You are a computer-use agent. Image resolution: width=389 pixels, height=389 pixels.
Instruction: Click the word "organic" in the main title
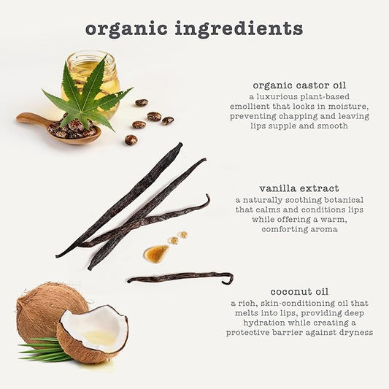(x=126, y=28)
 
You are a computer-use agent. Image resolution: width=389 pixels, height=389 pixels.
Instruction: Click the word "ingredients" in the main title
(x=239, y=28)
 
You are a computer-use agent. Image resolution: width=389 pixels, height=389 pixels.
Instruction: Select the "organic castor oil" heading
(x=299, y=85)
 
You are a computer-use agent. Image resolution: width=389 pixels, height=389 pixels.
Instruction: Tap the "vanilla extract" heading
(x=299, y=188)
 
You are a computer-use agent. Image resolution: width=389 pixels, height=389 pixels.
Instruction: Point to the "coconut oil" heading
(x=299, y=291)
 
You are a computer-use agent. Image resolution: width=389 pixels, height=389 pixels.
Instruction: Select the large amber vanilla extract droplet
(x=156, y=253)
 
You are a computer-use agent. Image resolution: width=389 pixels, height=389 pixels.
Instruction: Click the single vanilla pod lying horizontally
(x=180, y=277)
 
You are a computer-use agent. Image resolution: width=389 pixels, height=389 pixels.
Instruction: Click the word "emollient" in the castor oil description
(x=250, y=106)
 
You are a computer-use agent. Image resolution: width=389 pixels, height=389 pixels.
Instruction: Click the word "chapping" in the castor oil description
(x=298, y=116)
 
